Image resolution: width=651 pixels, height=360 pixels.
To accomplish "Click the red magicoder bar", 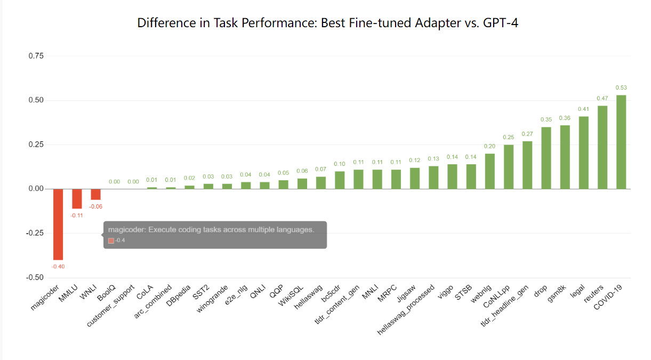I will (58, 224).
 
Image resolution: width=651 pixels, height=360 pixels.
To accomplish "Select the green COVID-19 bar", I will (621, 142).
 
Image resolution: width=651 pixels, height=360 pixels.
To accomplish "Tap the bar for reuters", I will (602, 147).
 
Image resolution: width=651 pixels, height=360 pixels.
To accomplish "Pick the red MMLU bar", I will (77, 198).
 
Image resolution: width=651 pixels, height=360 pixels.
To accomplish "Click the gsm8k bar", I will (565, 157).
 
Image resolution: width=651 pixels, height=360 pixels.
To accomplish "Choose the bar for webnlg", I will (489, 171).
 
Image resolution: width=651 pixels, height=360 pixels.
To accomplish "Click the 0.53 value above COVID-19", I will (621, 87).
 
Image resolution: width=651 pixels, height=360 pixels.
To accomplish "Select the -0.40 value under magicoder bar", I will (58, 267).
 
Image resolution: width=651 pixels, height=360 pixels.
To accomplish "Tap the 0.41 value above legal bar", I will (584, 109).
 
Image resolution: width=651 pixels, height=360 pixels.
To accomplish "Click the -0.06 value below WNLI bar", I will (95, 206).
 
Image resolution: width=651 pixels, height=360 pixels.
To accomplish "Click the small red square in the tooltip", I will (111, 241).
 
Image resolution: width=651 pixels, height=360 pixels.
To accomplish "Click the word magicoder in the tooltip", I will (125, 230).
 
